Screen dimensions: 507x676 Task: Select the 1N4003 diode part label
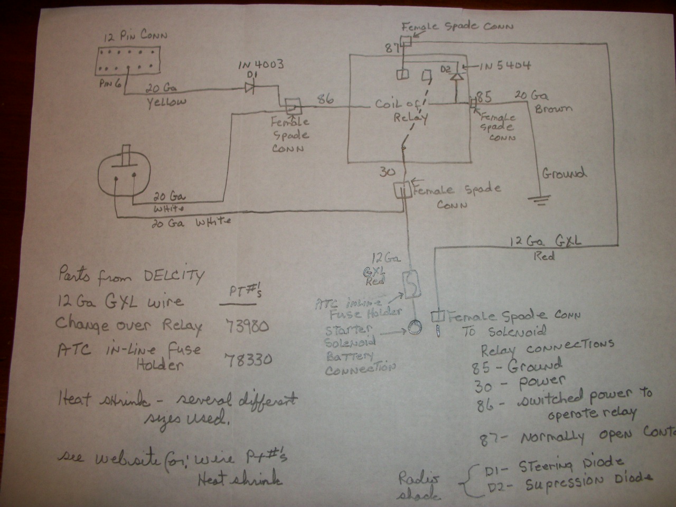261,64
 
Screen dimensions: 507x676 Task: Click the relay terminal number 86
327,99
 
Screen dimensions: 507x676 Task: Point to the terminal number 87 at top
391,49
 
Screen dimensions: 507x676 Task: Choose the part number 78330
248,360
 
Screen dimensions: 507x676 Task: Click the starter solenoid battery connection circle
412,328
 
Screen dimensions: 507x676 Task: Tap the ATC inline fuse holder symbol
410,284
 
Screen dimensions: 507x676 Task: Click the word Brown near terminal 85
552,109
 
